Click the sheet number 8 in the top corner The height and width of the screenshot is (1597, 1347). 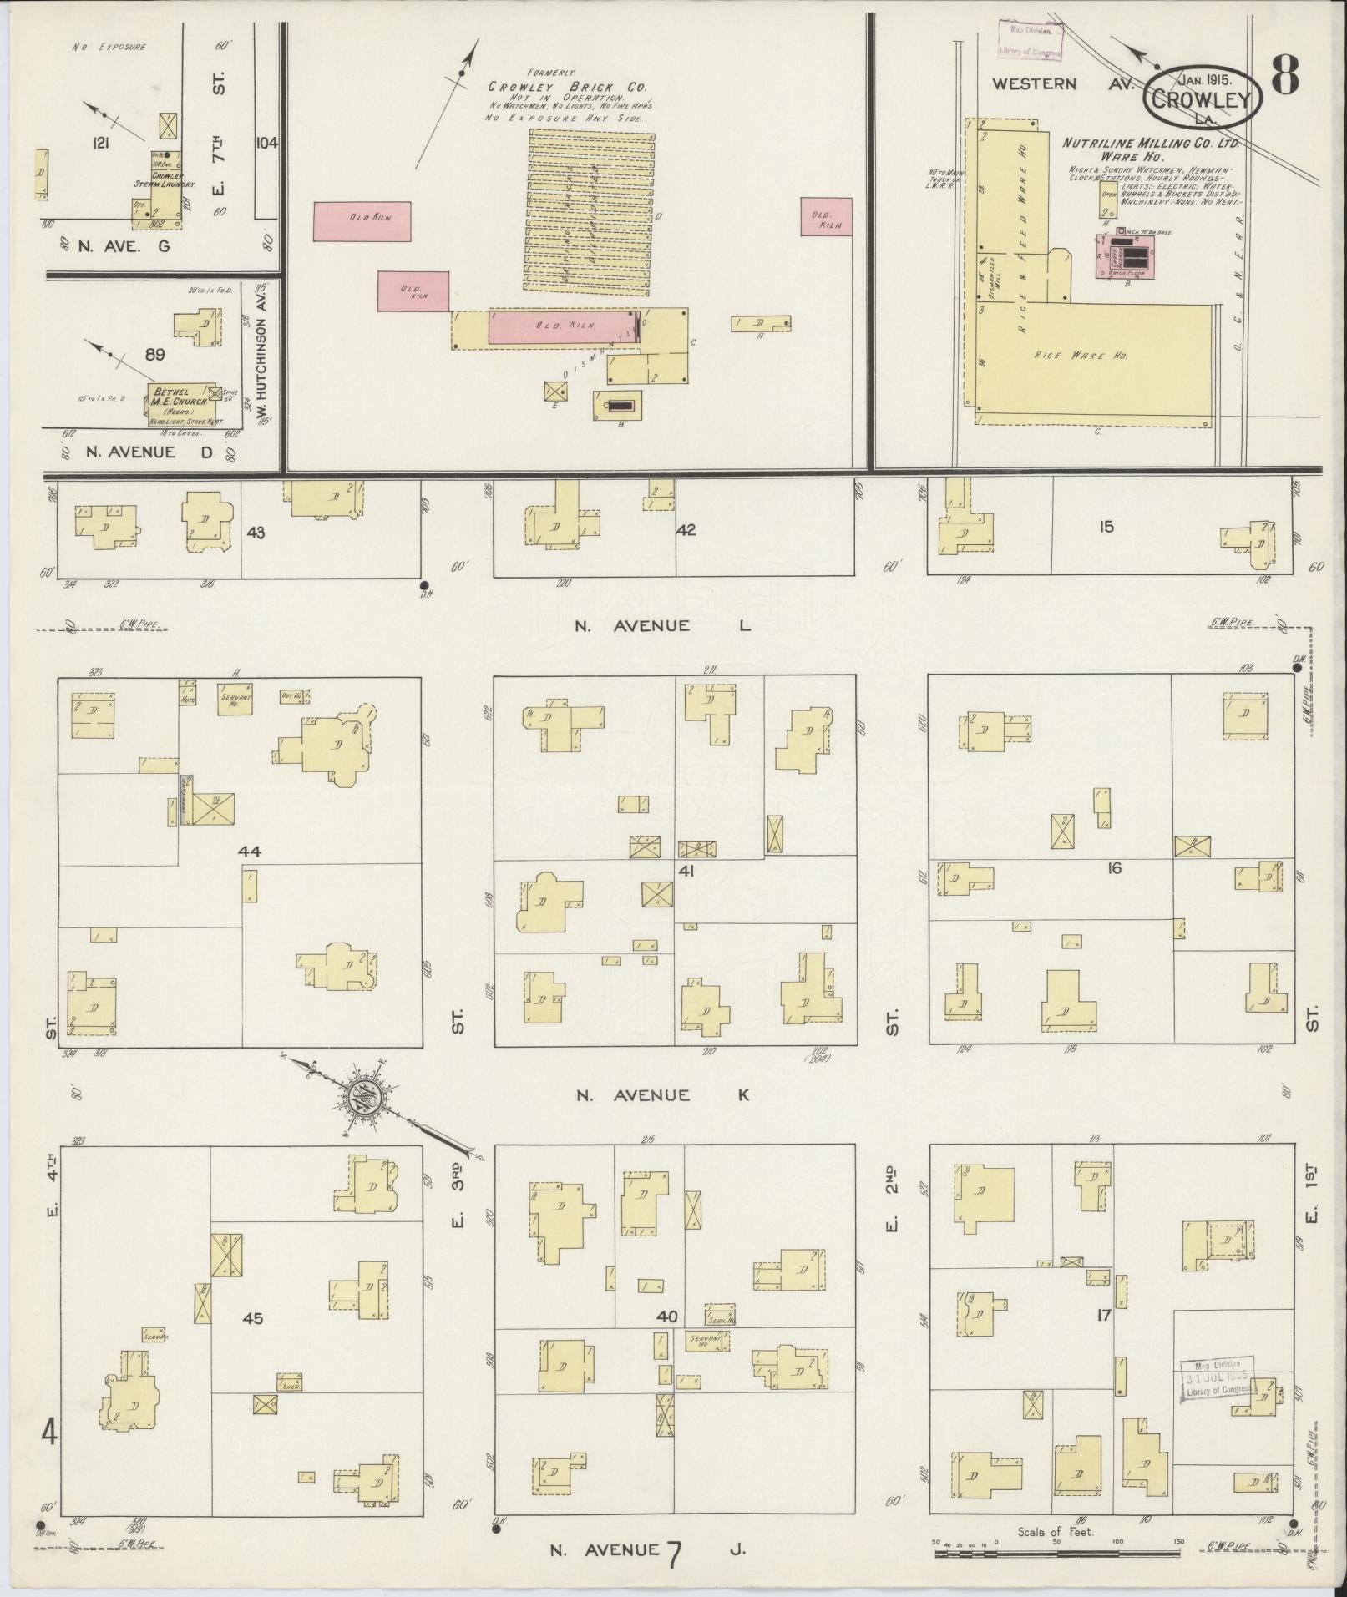[1285, 76]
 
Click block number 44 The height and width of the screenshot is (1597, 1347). [249, 852]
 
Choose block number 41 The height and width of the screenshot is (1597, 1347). [686, 872]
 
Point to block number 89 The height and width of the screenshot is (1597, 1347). [154, 354]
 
